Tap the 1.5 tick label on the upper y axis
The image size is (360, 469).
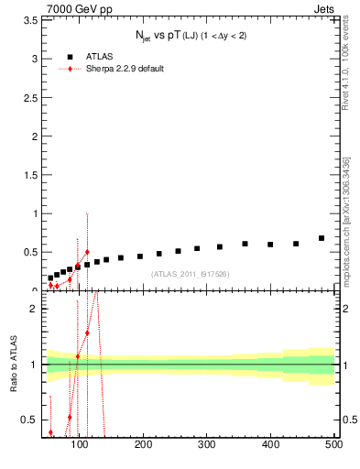point(30,175)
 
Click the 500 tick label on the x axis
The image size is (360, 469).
point(333,444)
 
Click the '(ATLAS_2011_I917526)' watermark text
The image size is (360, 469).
point(190,274)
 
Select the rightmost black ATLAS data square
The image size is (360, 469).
point(322,238)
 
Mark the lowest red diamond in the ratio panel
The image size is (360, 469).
point(50,432)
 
